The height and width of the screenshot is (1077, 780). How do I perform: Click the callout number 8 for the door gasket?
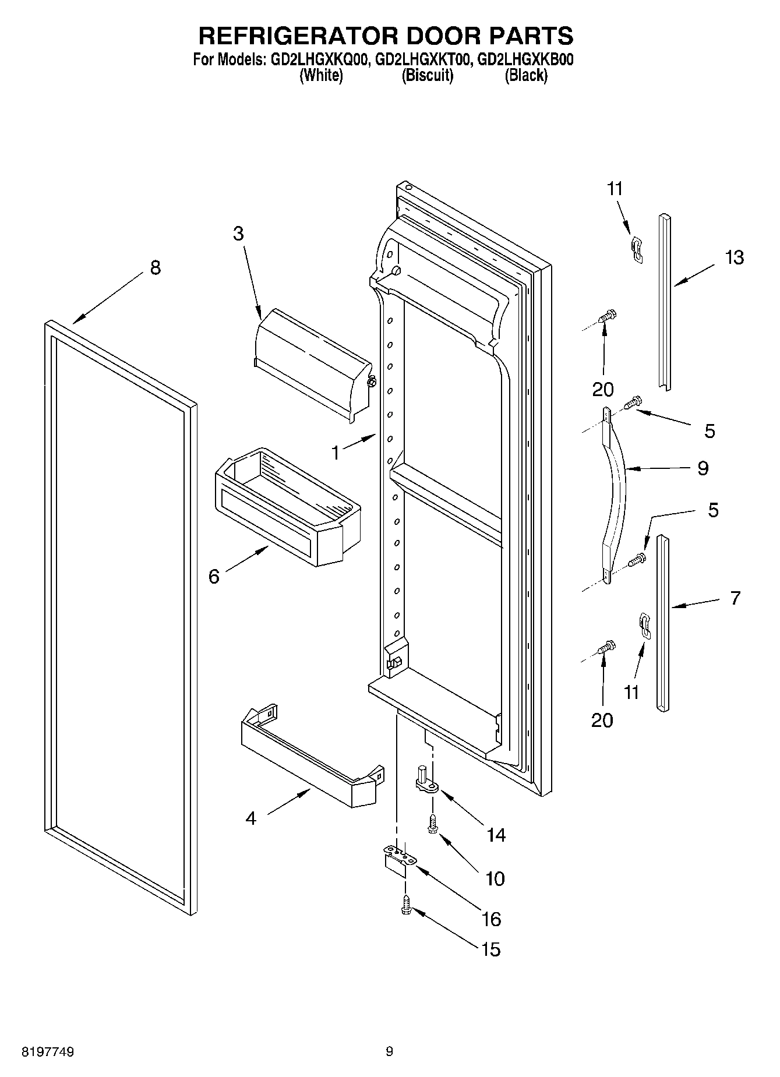[x=155, y=267]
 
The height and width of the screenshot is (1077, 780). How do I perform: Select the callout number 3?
[x=238, y=234]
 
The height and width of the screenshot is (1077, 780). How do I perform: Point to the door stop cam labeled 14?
[x=426, y=781]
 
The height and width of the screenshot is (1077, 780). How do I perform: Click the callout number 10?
[x=495, y=878]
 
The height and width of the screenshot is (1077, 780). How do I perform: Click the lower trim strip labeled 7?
[x=663, y=623]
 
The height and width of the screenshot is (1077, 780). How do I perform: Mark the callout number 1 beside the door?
[x=335, y=452]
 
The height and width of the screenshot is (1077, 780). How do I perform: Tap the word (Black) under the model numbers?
[x=525, y=75]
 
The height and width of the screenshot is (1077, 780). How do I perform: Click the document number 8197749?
[x=48, y=1052]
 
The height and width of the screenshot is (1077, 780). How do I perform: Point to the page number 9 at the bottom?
[x=389, y=1052]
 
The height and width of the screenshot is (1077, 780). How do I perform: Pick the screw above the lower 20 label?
[x=606, y=647]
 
